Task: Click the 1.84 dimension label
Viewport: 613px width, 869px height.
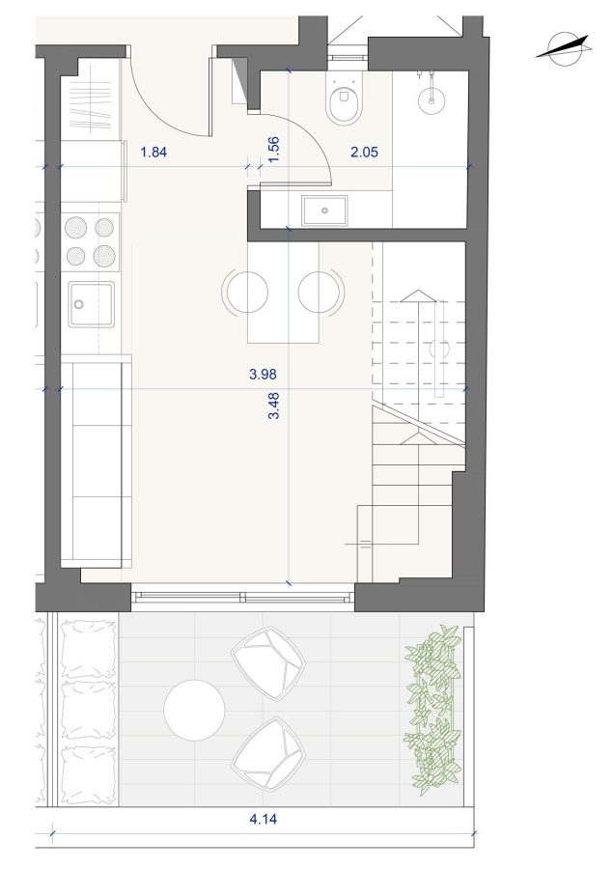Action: [153, 152]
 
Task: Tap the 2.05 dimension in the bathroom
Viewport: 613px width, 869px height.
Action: [364, 152]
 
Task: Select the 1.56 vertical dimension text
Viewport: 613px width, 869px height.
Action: [273, 150]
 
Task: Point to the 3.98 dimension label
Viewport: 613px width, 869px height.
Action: [263, 374]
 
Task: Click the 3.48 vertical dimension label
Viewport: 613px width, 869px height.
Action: [273, 406]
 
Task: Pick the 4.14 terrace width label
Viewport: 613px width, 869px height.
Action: [264, 818]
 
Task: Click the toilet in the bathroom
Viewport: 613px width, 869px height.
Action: [344, 100]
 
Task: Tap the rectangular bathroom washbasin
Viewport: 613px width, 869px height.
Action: [324, 210]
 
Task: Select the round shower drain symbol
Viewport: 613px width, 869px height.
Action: [432, 100]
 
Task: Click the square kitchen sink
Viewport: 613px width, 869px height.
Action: [92, 304]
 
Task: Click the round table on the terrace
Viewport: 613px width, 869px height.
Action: [195, 710]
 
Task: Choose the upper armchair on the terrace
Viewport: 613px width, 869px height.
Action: [268, 663]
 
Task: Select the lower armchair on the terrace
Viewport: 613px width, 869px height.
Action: [268, 754]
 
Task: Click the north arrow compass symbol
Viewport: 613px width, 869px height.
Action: [564, 46]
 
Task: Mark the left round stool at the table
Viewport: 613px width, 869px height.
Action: [245, 292]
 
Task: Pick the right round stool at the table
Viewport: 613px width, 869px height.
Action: [320, 292]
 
